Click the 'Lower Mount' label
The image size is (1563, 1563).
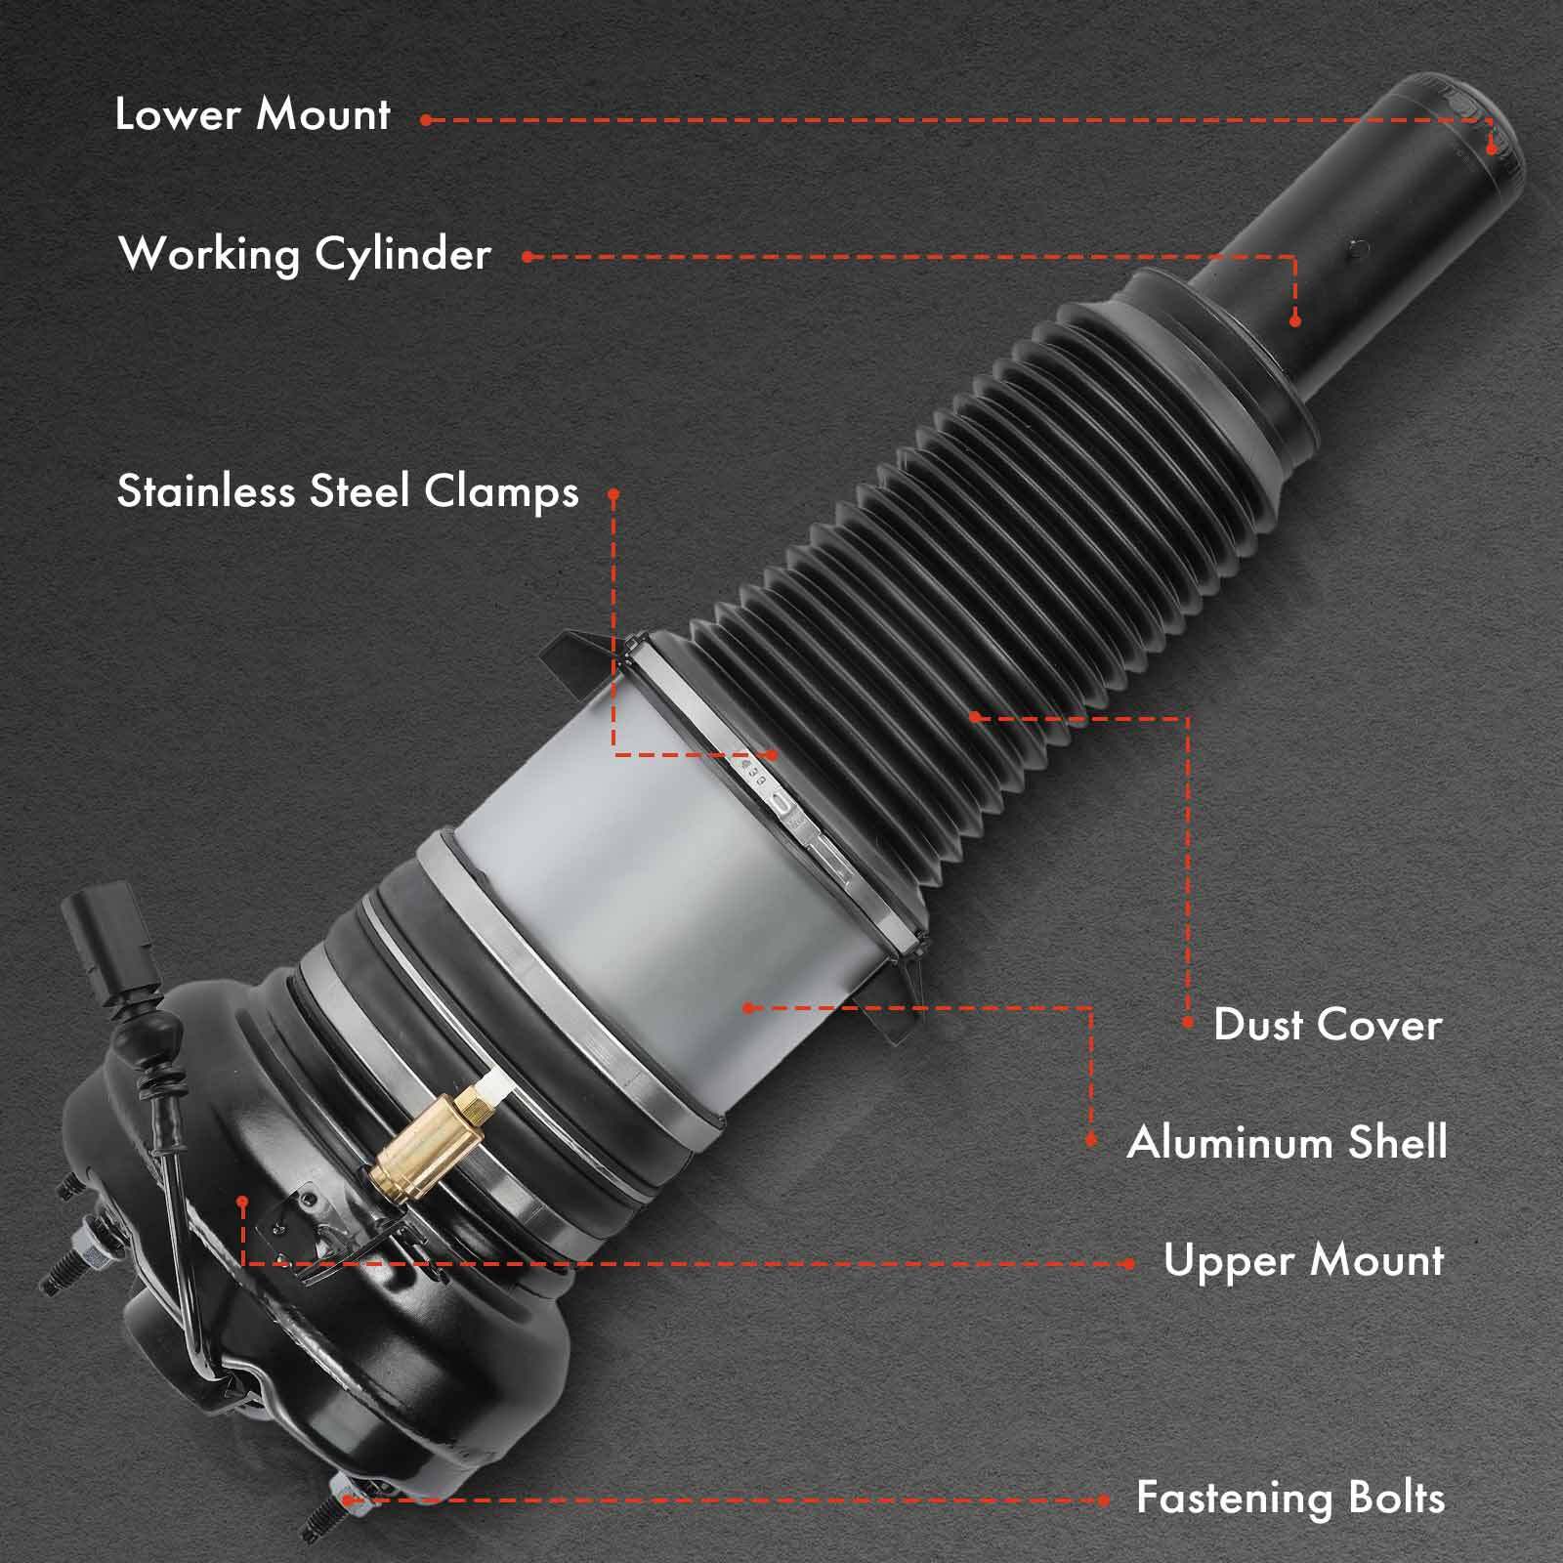coord(253,114)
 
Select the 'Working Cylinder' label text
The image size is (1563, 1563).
coord(304,255)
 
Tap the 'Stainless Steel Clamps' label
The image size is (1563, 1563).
coord(348,491)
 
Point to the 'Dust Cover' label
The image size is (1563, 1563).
coord(1328,1025)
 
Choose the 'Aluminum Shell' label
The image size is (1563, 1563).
coord(1287,1142)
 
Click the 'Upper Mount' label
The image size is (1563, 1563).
coord(1303,1261)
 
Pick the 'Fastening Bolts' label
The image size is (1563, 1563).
coord(1289,1498)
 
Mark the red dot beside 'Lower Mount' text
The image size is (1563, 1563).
coord(427,120)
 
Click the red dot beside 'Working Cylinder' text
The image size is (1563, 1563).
coord(528,257)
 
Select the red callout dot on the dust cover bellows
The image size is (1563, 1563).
coord(974,717)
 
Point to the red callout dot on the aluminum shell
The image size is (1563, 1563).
coord(748,1007)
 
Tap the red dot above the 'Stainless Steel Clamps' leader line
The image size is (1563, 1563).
coord(613,495)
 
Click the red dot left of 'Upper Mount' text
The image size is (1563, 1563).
coord(1129,1263)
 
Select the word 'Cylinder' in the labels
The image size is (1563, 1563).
coord(402,255)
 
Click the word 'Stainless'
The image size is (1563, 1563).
coord(208,491)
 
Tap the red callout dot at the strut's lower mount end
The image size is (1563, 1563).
coord(1491,148)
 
